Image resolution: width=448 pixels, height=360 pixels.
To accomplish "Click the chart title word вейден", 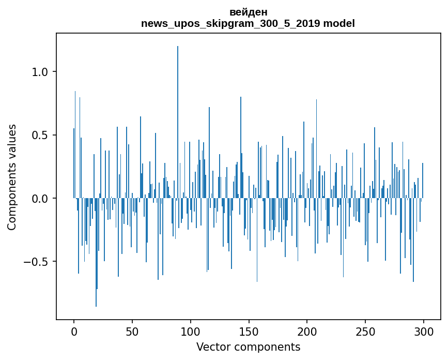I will pyautogui.click(x=248, y=12).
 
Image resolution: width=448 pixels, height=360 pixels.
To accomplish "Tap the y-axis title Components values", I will pyautogui.click(x=12, y=177).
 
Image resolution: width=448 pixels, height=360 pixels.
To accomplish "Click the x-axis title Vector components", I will pyautogui.click(x=248, y=347).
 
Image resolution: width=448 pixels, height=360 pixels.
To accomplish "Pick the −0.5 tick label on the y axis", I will pyautogui.click(x=38, y=262).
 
